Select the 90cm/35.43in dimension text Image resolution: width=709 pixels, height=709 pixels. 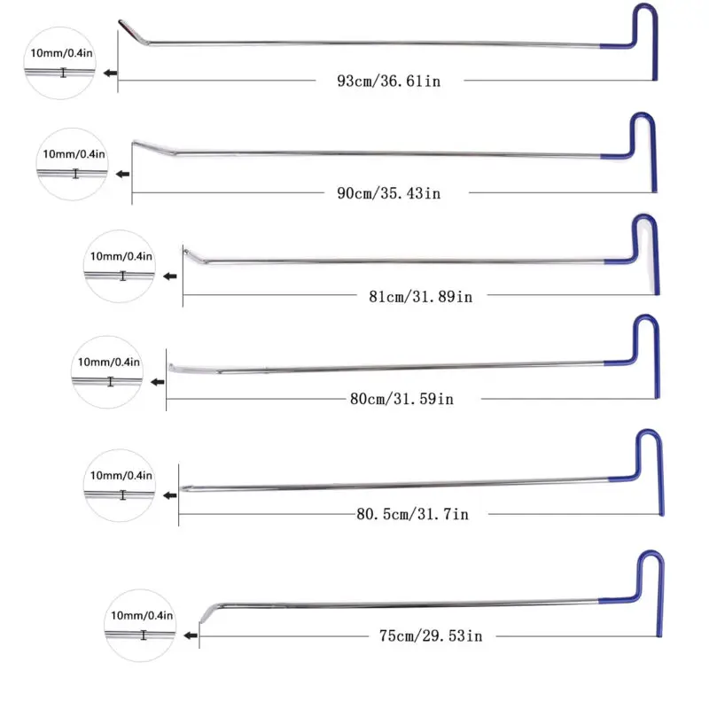[x=388, y=193]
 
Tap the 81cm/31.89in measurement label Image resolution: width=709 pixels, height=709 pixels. [x=420, y=297]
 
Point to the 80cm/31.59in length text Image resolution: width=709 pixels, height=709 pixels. [x=401, y=400]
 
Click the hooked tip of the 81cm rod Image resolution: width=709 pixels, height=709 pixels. [x=189, y=254]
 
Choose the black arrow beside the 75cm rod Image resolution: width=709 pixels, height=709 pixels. [x=190, y=635]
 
